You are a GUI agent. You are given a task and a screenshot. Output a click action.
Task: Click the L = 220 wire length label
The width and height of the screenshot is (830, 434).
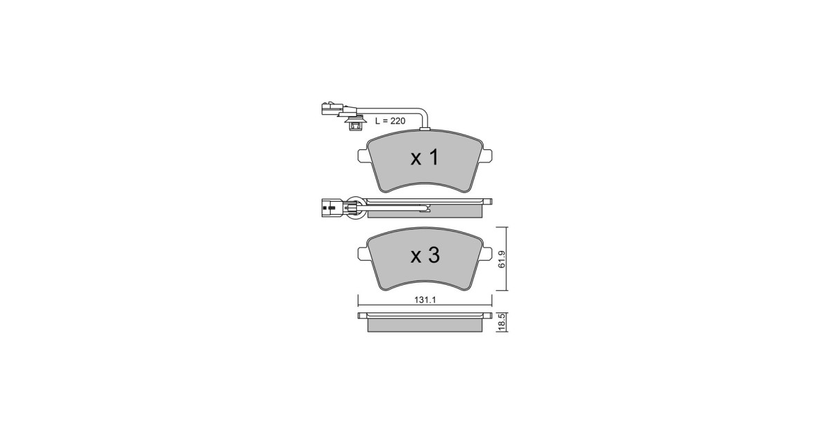(x=390, y=121)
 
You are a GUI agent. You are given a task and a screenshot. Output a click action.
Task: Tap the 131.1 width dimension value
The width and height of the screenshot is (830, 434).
(x=425, y=300)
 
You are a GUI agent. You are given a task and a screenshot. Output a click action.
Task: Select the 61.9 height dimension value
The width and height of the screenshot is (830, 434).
(x=501, y=259)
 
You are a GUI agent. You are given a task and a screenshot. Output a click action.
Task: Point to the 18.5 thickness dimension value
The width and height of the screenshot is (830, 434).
(x=501, y=322)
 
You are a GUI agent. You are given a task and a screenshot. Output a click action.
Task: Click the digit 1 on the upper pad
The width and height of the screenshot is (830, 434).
(x=433, y=157)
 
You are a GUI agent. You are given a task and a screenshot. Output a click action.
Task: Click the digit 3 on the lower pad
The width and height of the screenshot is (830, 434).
(x=433, y=255)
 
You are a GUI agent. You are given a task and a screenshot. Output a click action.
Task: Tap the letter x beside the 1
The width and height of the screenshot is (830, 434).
(x=416, y=160)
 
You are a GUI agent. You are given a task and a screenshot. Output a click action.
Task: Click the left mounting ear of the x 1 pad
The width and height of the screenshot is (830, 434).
(x=363, y=155)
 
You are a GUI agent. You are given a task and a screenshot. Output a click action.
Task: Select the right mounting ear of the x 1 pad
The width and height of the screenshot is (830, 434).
(x=487, y=155)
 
